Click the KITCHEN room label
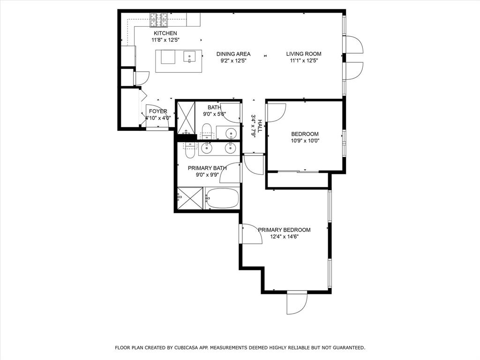point(165,33)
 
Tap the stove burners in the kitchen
point(158,20)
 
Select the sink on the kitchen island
point(189,57)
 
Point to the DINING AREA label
point(233,54)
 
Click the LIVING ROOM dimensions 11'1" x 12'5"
point(304,60)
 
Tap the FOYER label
point(158,111)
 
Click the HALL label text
point(260,126)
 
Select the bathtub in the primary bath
point(222,198)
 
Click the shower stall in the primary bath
point(190,198)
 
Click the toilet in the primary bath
point(190,150)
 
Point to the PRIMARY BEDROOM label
point(284,230)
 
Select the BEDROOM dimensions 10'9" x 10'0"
point(304,141)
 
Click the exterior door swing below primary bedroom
point(297,304)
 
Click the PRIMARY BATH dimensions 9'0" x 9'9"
point(207,175)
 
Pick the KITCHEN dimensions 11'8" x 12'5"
point(165,40)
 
